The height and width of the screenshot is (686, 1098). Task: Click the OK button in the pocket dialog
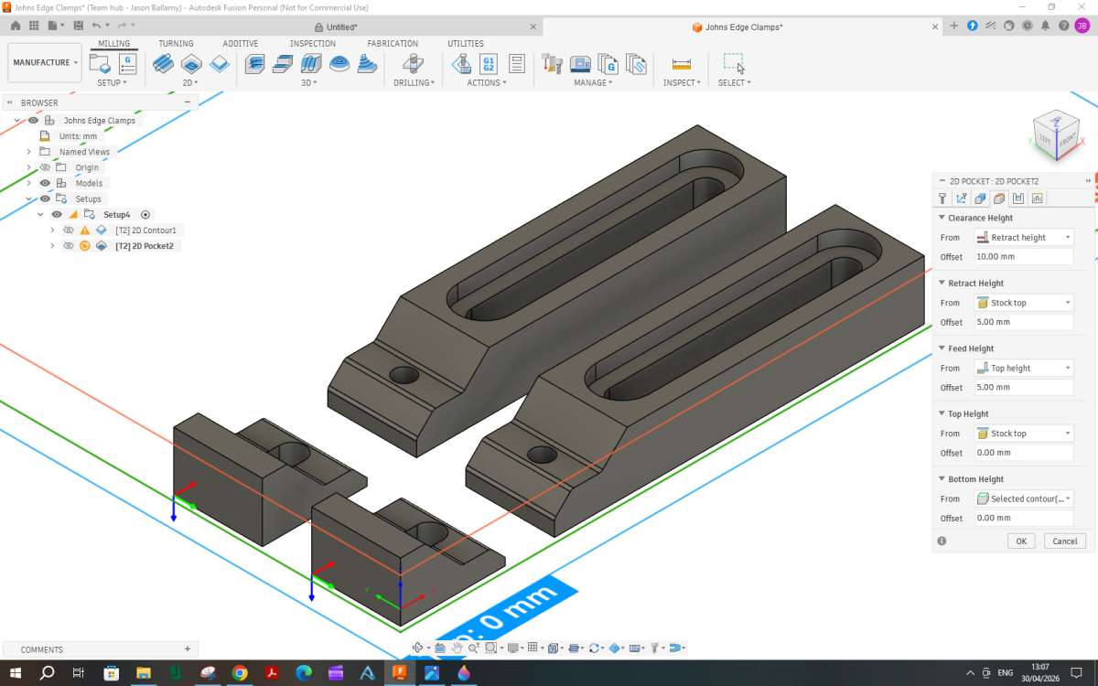(x=1021, y=541)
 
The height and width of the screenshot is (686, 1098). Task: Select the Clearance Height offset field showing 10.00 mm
(x=1024, y=257)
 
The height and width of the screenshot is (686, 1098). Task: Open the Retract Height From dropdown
(x=1024, y=303)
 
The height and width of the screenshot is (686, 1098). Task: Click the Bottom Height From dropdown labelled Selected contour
(x=1024, y=498)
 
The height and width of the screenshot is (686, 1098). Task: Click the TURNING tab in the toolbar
(x=176, y=44)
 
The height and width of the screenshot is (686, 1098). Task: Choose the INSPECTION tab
(x=312, y=44)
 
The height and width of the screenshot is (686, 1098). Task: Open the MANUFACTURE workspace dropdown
(x=45, y=63)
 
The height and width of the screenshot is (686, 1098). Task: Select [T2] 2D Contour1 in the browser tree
(x=145, y=230)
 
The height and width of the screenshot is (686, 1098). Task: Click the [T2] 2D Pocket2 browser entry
(x=145, y=246)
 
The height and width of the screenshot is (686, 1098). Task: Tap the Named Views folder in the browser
(x=84, y=152)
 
